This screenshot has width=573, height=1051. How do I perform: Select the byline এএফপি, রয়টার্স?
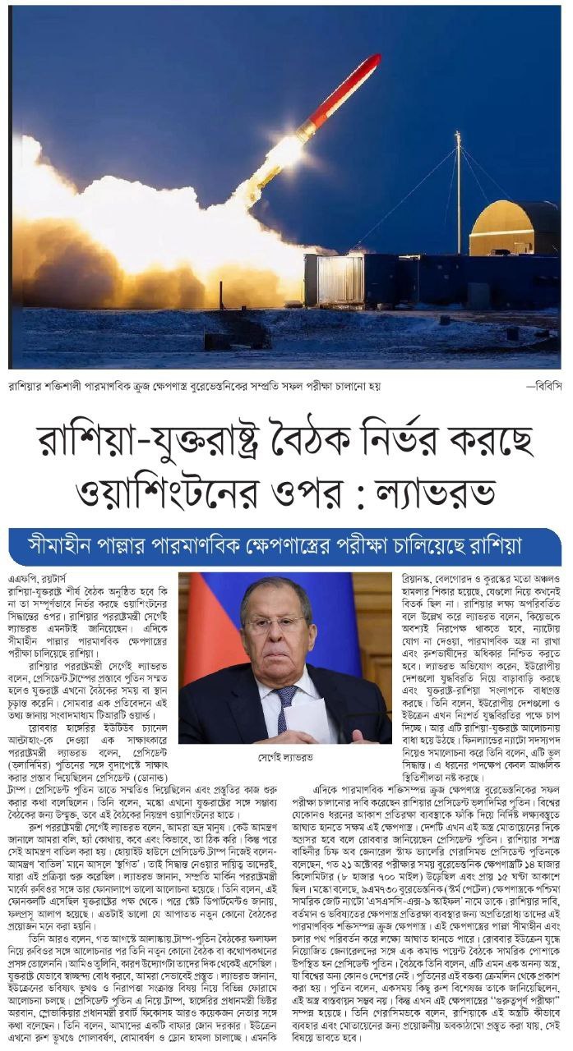[x=31, y=579]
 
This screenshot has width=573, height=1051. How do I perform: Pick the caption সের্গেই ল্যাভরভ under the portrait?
[x=285, y=756]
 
